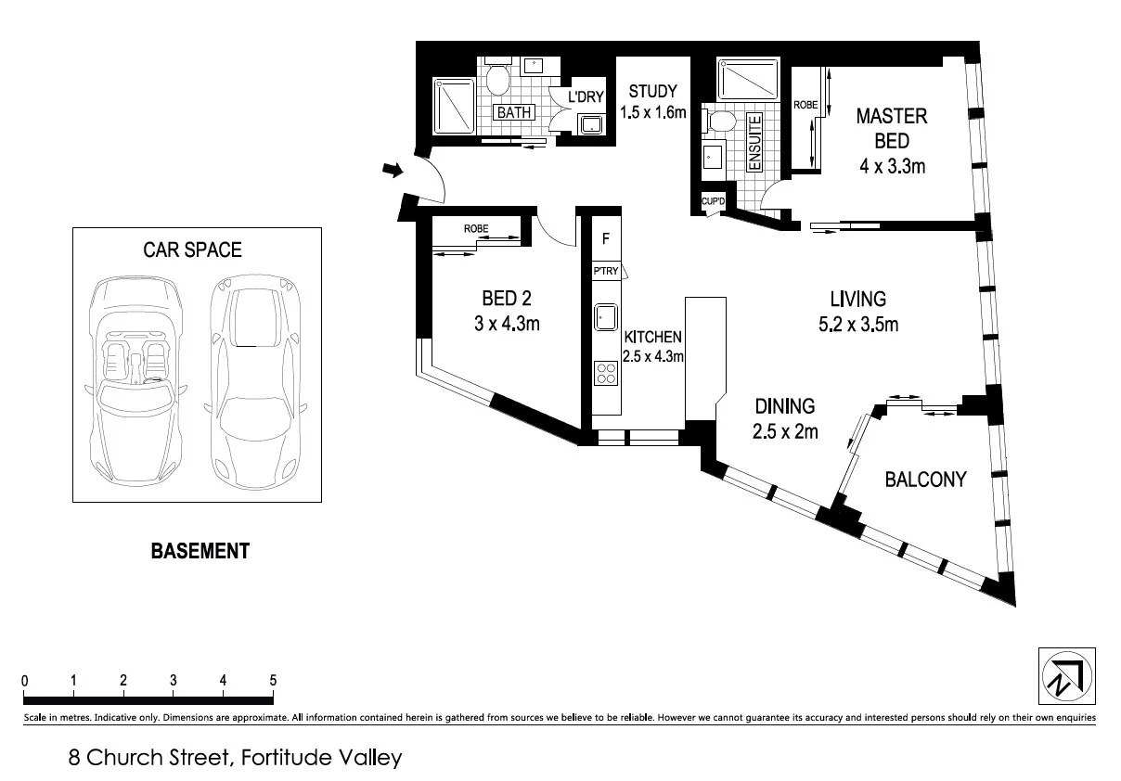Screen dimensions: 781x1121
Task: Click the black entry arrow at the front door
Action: click(x=393, y=170)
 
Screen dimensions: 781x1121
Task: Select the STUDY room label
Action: click(x=652, y=92)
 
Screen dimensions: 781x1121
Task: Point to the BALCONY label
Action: click(x=924, y=480)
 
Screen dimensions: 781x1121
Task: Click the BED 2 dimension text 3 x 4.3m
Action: click(x=506, y=324)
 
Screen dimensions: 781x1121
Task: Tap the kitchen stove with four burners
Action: click(x=605, y=373)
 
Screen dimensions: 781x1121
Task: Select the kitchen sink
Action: click(x=605, y=318)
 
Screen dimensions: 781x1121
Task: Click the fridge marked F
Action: click(x=605, y=238)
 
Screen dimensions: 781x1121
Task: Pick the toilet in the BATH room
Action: click(x=497, y=81)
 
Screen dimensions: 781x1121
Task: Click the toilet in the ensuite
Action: click(x=720, y=121)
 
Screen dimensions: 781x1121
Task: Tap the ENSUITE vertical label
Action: click(x=754, y=141)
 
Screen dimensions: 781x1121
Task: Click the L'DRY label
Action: click(x=586, y=96)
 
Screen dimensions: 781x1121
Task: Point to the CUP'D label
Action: click(x=713, y=201)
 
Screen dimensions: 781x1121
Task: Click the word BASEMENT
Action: click(x=200, y=551)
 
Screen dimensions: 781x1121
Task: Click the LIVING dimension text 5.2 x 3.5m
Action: click(x=857, y=325)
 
